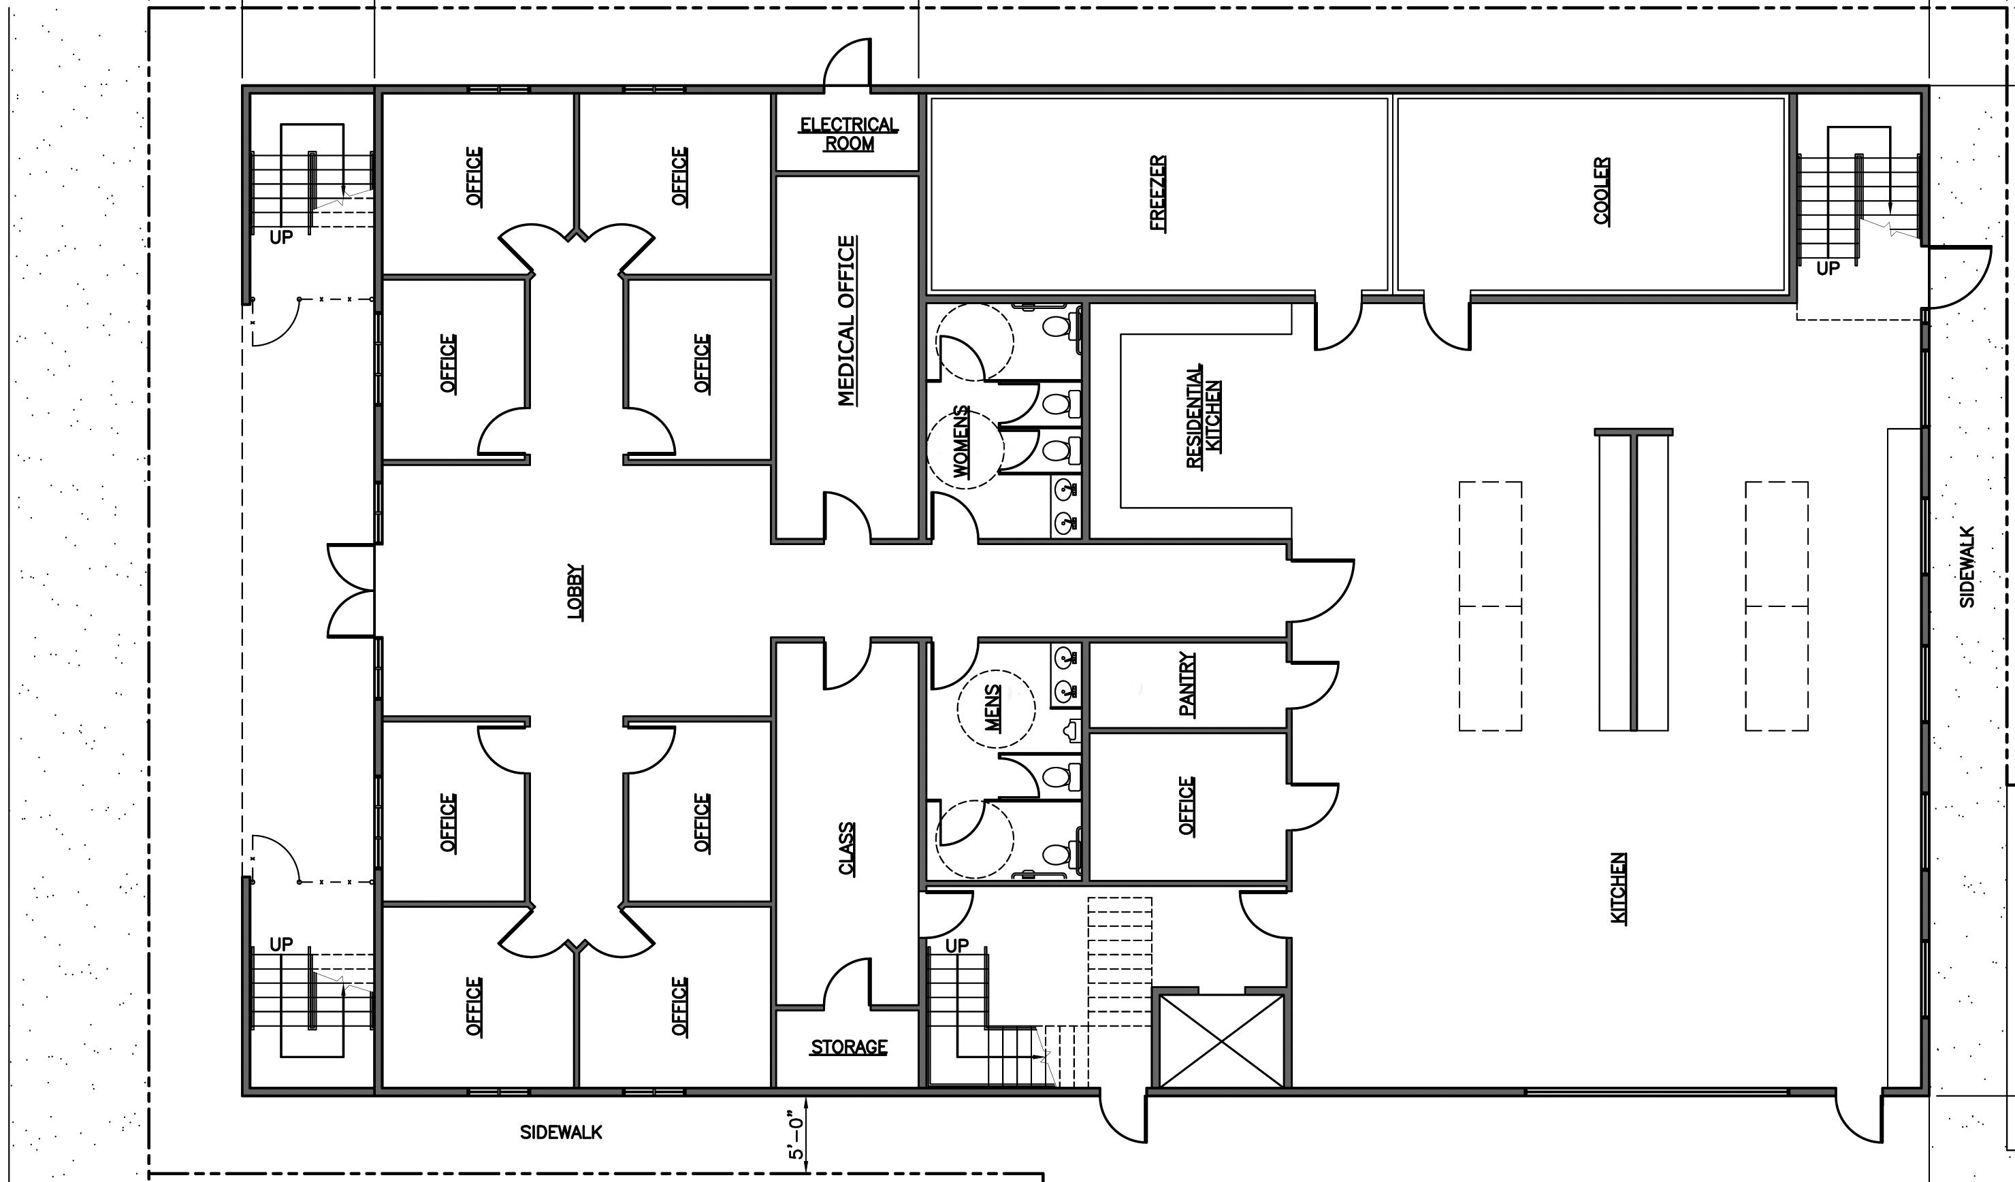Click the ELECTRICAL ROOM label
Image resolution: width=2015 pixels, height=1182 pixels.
[848, 134]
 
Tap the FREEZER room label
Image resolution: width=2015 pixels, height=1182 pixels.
[1158, 193]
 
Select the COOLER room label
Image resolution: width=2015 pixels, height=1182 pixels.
[1602, 191]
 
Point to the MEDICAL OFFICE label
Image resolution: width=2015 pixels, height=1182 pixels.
[847, 321]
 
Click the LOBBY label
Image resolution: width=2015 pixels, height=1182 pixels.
[575, 591]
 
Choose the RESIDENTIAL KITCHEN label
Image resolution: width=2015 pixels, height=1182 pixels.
[1204, 417]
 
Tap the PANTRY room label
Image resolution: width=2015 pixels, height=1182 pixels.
[1187, 684]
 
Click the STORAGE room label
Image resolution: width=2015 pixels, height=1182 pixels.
[848, 1047]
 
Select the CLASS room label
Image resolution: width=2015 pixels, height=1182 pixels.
[846, 849]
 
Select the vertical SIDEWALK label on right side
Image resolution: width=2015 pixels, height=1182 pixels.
[1967, 567]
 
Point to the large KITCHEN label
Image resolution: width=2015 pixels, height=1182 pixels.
[1617, 888]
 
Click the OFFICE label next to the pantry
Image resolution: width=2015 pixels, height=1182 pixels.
[1187, 806]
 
